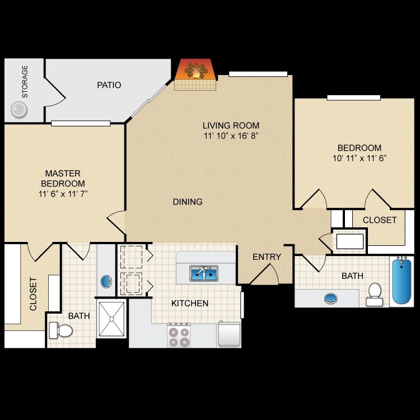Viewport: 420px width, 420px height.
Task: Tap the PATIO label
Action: pyautogui.click(x=109, y=85)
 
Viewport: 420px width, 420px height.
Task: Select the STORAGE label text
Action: pyautogui.click(x=25, y=82)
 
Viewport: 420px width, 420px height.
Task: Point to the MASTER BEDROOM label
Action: pyautogui.click(x=63, y=178)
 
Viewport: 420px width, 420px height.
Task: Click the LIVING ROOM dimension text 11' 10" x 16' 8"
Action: pyautogui.click(x=231, y=136)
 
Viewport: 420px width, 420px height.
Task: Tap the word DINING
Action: pyautogui.click(x=188, y=202)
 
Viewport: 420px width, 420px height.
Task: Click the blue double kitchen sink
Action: pyautogui.click(x=203, y=273)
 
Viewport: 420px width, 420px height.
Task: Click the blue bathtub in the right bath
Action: pyautogui.click(x=400, y=281)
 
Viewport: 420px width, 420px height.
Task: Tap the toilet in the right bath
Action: pyautogui.click(x=374, y=293)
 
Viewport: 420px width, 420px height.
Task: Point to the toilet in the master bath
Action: pyautogui.click(x=61, y=330)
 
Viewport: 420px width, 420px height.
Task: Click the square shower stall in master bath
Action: pyautogui.click(x=111, y=319)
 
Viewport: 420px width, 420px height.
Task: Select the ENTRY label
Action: pyautogui.click(x=267, y=256)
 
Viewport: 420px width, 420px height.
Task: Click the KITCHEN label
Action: pyautogui.click(x=190, y=304)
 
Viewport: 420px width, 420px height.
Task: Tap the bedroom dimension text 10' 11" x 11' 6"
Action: pyautogui.click(x=359, y=158)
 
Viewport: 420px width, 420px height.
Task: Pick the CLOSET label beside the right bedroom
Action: pyautogui.click(x=379, y=220)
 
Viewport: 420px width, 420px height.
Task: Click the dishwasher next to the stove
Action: pyautogui.click(x=229, y=334)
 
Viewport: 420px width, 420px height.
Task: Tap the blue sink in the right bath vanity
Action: pyautogui.click(x=331, y=298)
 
